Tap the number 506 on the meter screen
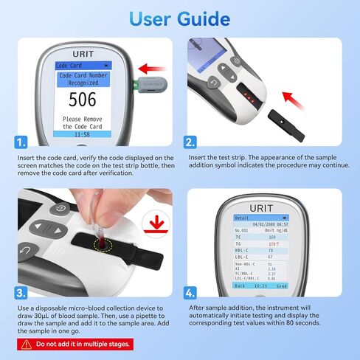pos(83,100)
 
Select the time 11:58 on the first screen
pos(83,135)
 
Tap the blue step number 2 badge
pos(190,142)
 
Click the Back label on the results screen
pos(240,284)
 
